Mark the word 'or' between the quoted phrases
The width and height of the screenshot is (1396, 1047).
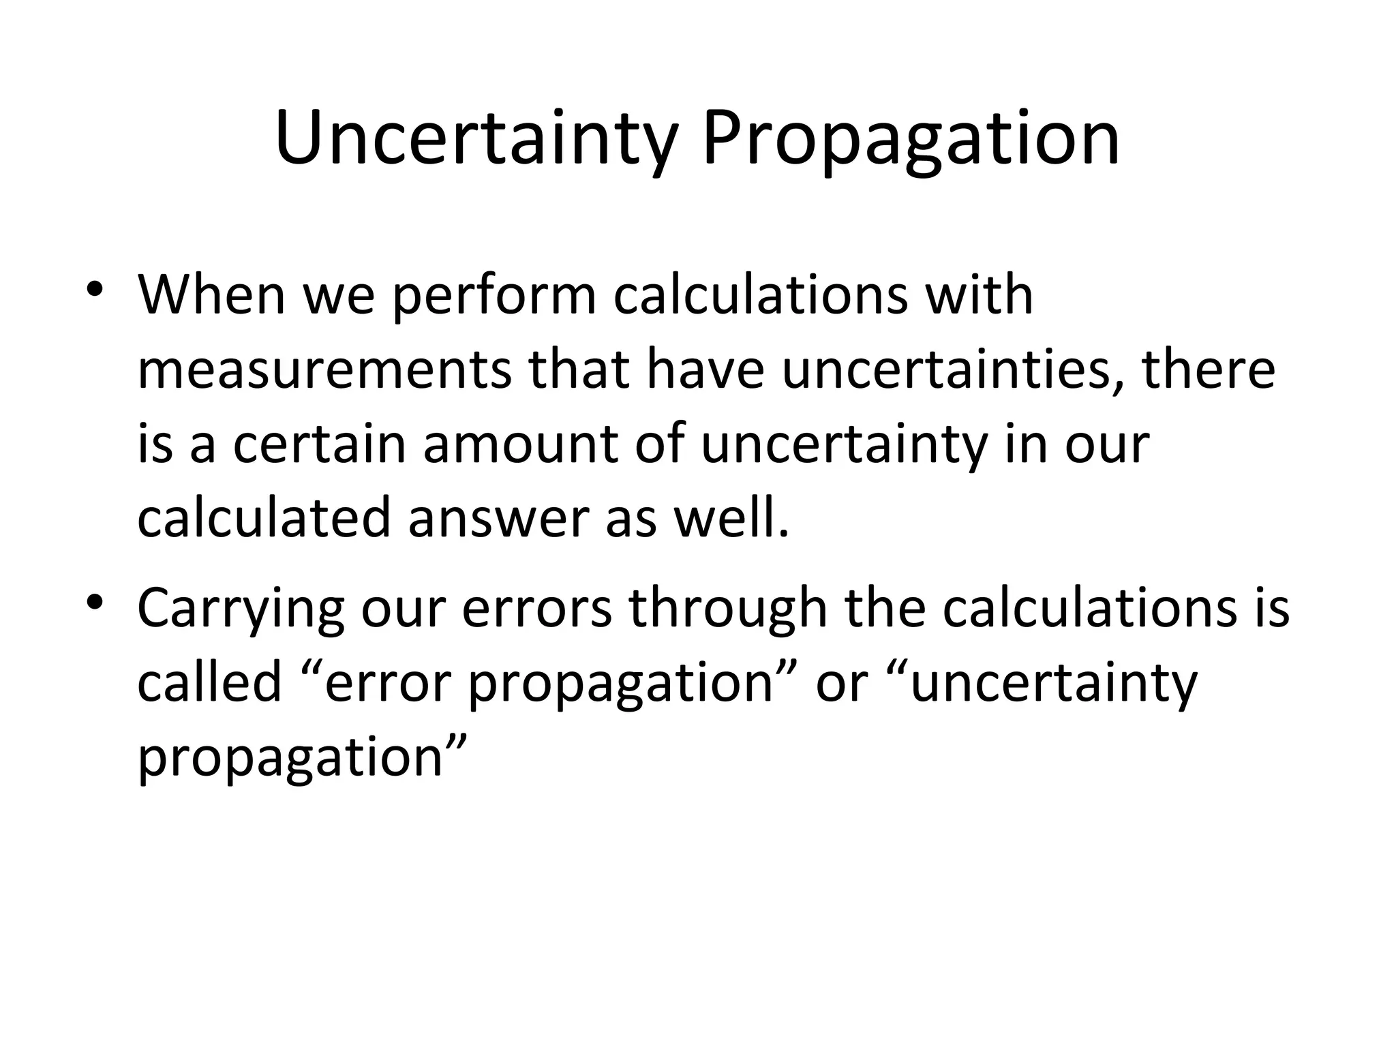(843, 682)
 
